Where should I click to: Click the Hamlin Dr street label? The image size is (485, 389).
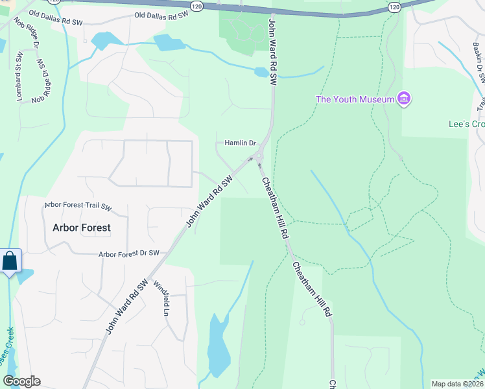click(241, 143)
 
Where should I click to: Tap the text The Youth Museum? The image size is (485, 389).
click(355, 99)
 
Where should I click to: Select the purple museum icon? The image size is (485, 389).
click(405, 99)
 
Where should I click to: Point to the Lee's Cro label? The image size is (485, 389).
click(466, 124)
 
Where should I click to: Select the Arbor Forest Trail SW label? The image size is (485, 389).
click(78, 207)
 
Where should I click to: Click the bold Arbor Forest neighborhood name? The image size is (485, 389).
click(81, 228)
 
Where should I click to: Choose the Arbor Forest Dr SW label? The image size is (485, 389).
click(129, 254)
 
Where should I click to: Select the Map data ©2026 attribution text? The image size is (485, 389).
click(457, 384)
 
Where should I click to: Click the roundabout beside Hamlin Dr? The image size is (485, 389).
click(259, 156)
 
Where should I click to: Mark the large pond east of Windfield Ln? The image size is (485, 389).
click(218, 347)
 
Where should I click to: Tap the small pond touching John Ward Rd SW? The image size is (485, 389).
click(262, 72)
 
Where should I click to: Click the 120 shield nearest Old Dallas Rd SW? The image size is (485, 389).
click(196, 6)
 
